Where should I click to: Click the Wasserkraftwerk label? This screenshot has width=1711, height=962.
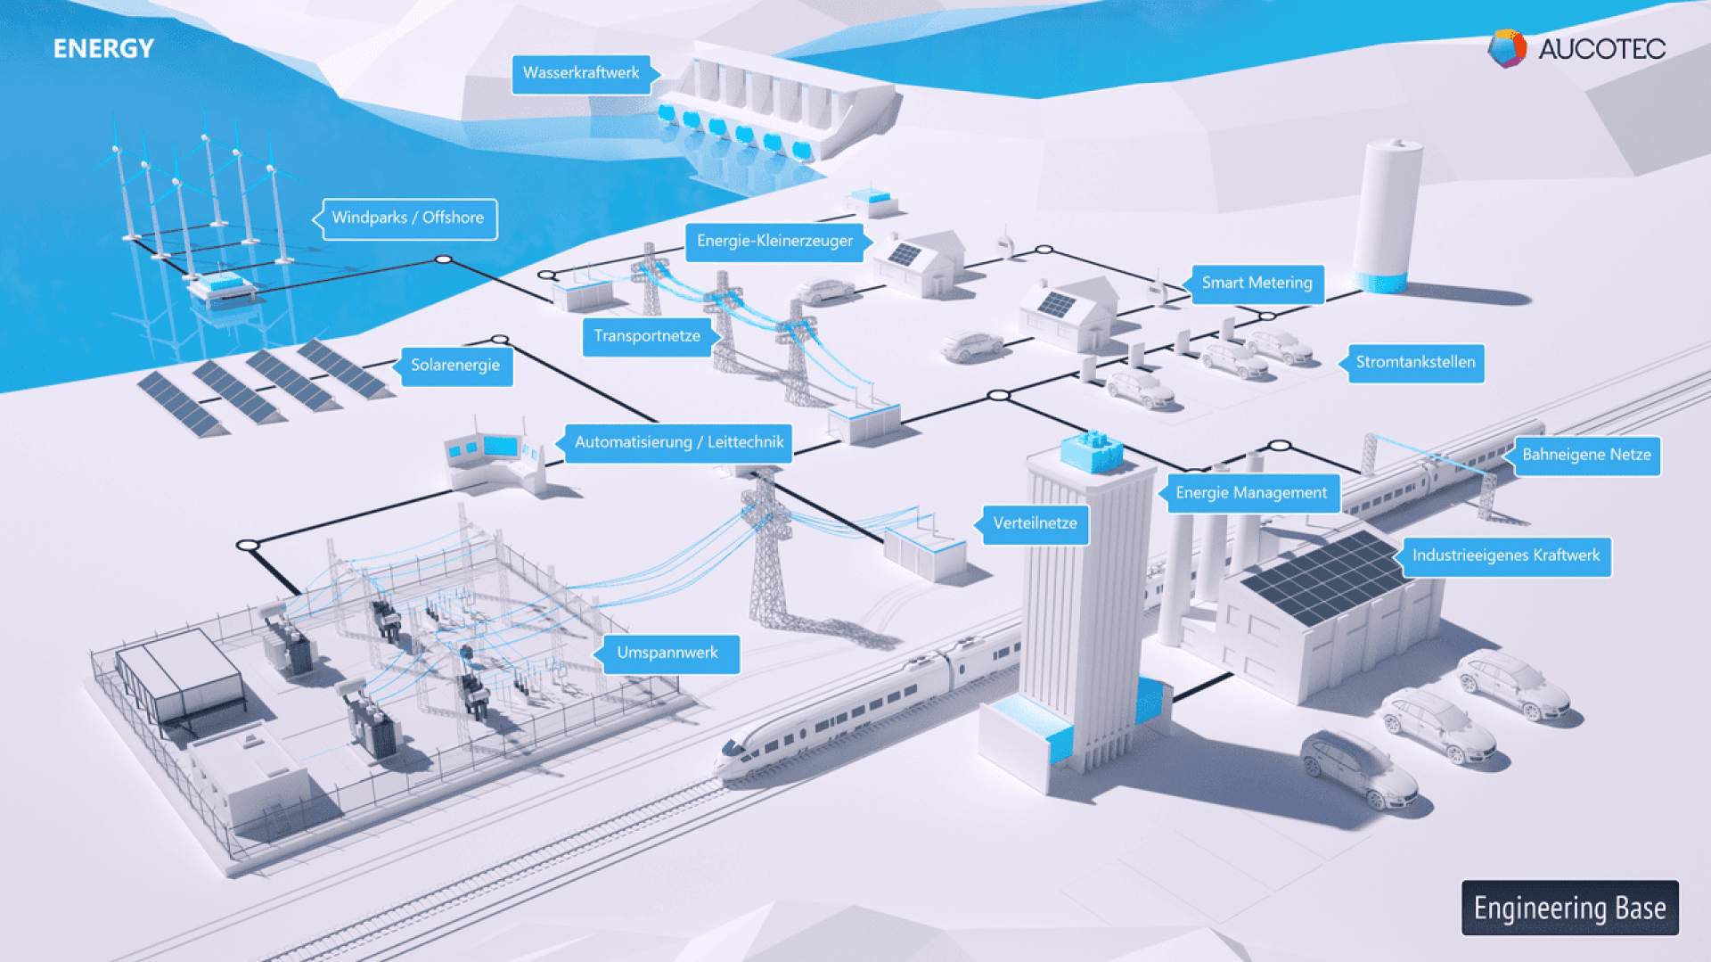click(x=581, y=74)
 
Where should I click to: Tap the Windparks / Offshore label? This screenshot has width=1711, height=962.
click(x=407, y=219)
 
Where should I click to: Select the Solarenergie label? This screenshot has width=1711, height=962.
click(x=454, y=366)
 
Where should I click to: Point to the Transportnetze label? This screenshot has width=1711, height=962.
click(x=647, y=337)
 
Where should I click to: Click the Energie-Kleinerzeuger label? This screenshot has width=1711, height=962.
click(x=775, y=242)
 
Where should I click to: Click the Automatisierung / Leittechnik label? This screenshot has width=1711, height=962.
click(x=677, y=443)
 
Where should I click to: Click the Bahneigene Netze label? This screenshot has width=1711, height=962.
click(x=1584, y=456)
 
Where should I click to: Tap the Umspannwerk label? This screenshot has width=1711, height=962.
click(x=667, y=654)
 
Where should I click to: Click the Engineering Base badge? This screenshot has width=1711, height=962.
click(x=1570, y=908)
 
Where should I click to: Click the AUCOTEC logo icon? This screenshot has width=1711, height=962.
click(x=1507, y=48)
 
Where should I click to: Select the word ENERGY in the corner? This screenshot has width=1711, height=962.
click(x=103, y=49)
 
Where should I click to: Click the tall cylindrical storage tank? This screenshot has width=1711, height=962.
click(x=1386, y=217)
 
